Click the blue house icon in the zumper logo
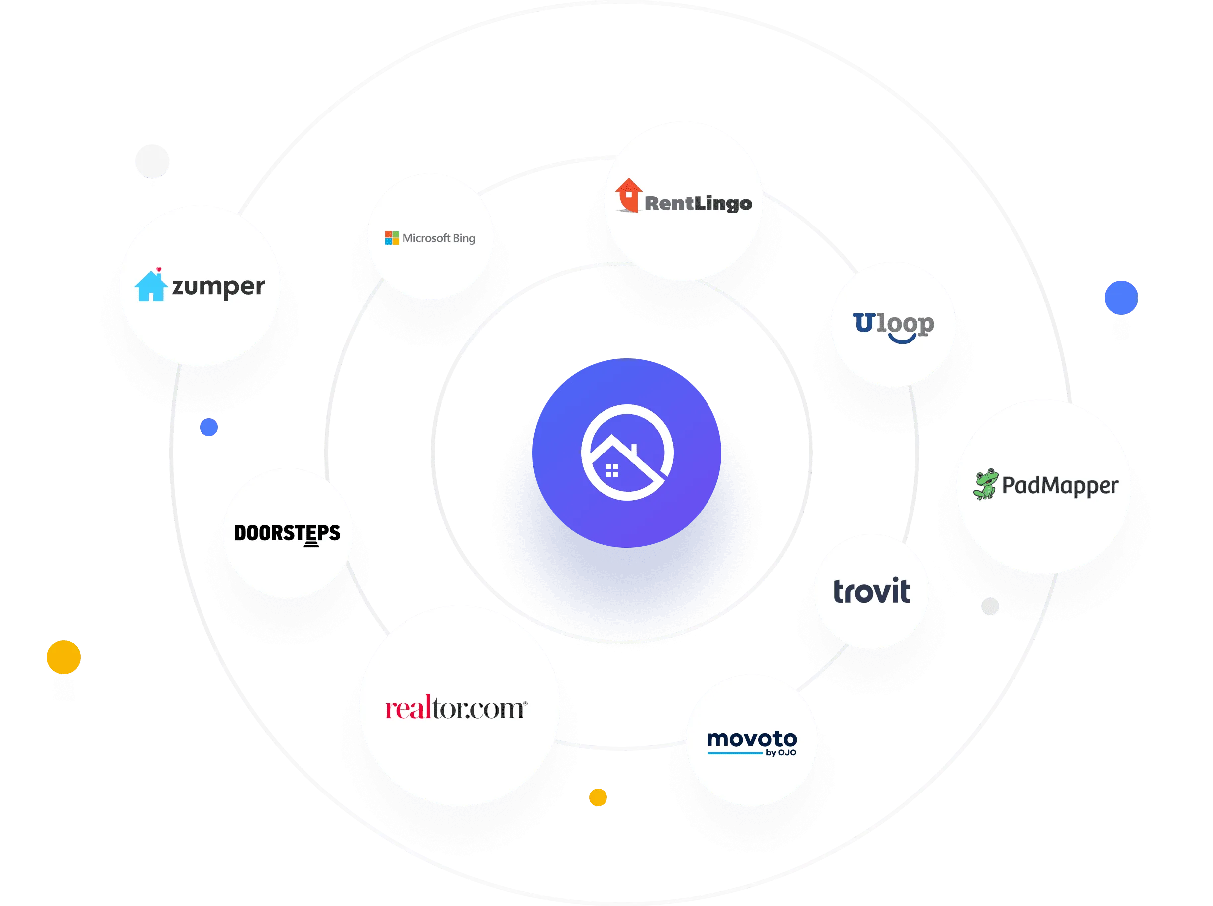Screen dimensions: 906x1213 click(x=150, y=286)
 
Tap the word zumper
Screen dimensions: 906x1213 click(x=218, y=287)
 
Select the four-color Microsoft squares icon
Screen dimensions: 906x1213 click(x=392, y=238)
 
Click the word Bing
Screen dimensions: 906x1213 click(x=464, y=238)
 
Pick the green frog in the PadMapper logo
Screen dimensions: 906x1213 click(x=985, y=484)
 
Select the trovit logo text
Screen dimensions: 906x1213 click(x=871, y=592)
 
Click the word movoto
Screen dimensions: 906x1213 click(x=751, y=739)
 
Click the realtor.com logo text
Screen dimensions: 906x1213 click(x=455, y=708)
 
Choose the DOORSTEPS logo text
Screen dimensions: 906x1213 click(x=287, y=533)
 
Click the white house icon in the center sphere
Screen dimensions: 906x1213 click(x=626, y=453)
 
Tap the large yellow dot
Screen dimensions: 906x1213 click(x=64, y=656)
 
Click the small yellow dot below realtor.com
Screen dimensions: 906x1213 click(x=598, y=797)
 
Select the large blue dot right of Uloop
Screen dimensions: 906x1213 click(x=1121, y=297)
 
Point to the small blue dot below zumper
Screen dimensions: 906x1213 click(x=209, y=427)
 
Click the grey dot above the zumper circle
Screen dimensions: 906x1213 click(x=152, y=161)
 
